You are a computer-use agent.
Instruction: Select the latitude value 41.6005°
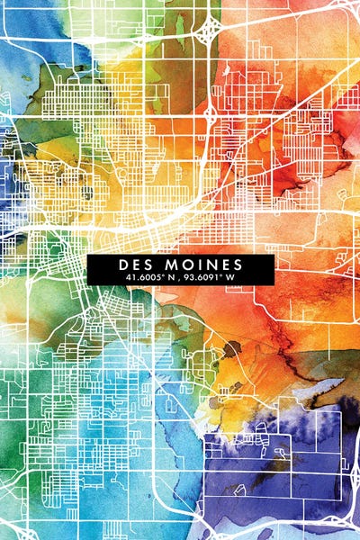[142, 279]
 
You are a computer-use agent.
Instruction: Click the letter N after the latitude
[167, 279]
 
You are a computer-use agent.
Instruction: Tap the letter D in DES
[121, 265]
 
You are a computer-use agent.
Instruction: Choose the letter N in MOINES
[203, 265]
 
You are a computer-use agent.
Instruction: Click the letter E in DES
[132, 265]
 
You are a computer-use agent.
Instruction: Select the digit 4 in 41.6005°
[127, 279]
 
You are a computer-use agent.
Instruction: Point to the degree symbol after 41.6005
[160, 276]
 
